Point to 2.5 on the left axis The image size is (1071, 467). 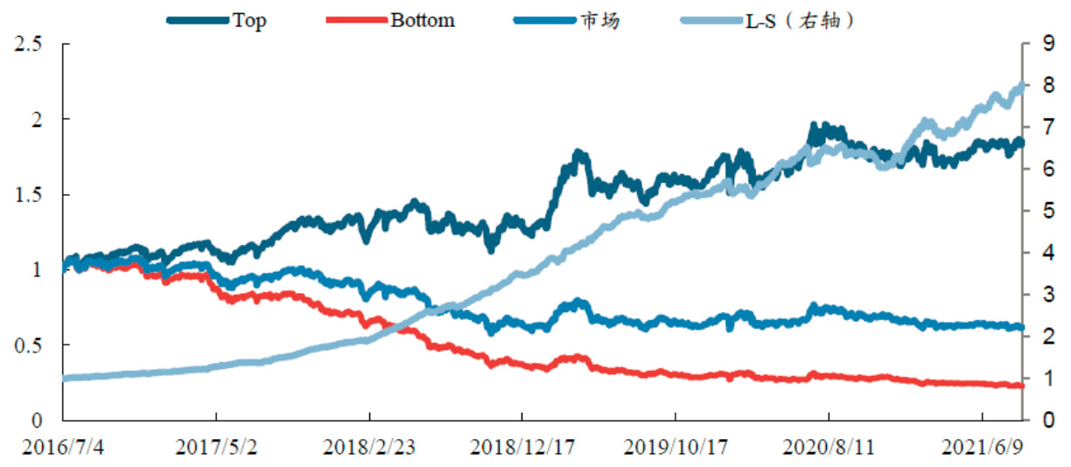click(30, 43)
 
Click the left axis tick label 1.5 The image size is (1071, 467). click(30, 194)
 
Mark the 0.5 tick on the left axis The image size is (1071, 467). click(30, 345)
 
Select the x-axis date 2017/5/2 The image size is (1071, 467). click(216, 447)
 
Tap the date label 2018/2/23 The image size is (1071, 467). click(368, 447)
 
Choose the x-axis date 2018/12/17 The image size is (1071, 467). click(522, 447)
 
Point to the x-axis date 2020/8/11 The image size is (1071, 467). click(828, 447)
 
